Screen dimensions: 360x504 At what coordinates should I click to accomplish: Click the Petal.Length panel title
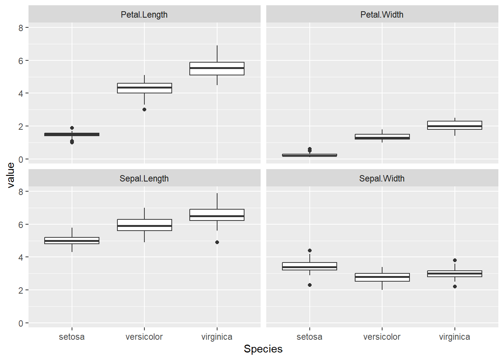click(144, 15)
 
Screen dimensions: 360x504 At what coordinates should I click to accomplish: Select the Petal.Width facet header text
click(382, 15)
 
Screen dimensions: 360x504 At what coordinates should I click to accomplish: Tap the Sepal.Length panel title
click(144, 178)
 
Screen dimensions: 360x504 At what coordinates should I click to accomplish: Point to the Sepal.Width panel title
click(382, 178)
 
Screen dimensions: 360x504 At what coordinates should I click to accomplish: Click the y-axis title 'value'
click(10, 175)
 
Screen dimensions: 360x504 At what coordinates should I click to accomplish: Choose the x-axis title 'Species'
click(263, 349)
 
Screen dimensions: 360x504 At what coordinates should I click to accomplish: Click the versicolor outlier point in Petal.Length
click(144, 109)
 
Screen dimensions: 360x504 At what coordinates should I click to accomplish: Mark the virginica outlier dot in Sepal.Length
click(217, 242)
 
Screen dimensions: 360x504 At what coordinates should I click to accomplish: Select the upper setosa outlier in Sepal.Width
click(310, 250)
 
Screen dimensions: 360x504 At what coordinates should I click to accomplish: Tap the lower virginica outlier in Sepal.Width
click(455, 286)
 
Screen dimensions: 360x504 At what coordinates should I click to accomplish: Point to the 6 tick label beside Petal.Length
click(21, 61)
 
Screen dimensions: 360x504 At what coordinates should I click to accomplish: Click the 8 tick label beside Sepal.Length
click(21, 192)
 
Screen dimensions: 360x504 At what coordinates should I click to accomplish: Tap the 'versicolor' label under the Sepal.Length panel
click(144, 337)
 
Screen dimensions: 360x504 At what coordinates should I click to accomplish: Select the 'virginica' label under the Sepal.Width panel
click(454, 337)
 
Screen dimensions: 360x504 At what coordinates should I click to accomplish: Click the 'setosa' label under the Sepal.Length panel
click(72, 337)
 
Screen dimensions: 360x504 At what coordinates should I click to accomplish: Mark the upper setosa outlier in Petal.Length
click(72, 128)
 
